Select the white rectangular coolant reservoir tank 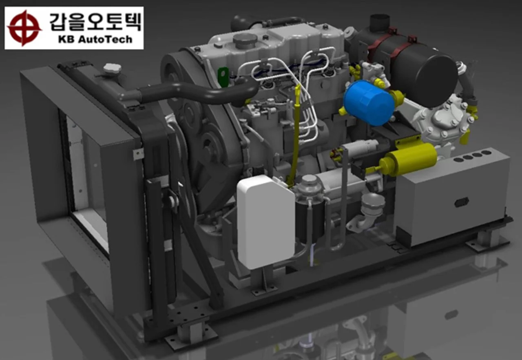click(265, 222)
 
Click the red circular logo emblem click(24, 28)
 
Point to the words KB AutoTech click(95, 40)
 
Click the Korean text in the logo click(95, 22)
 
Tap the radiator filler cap click(112, 68)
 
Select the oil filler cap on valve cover click(245, 40)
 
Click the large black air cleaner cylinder click(412, 68)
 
